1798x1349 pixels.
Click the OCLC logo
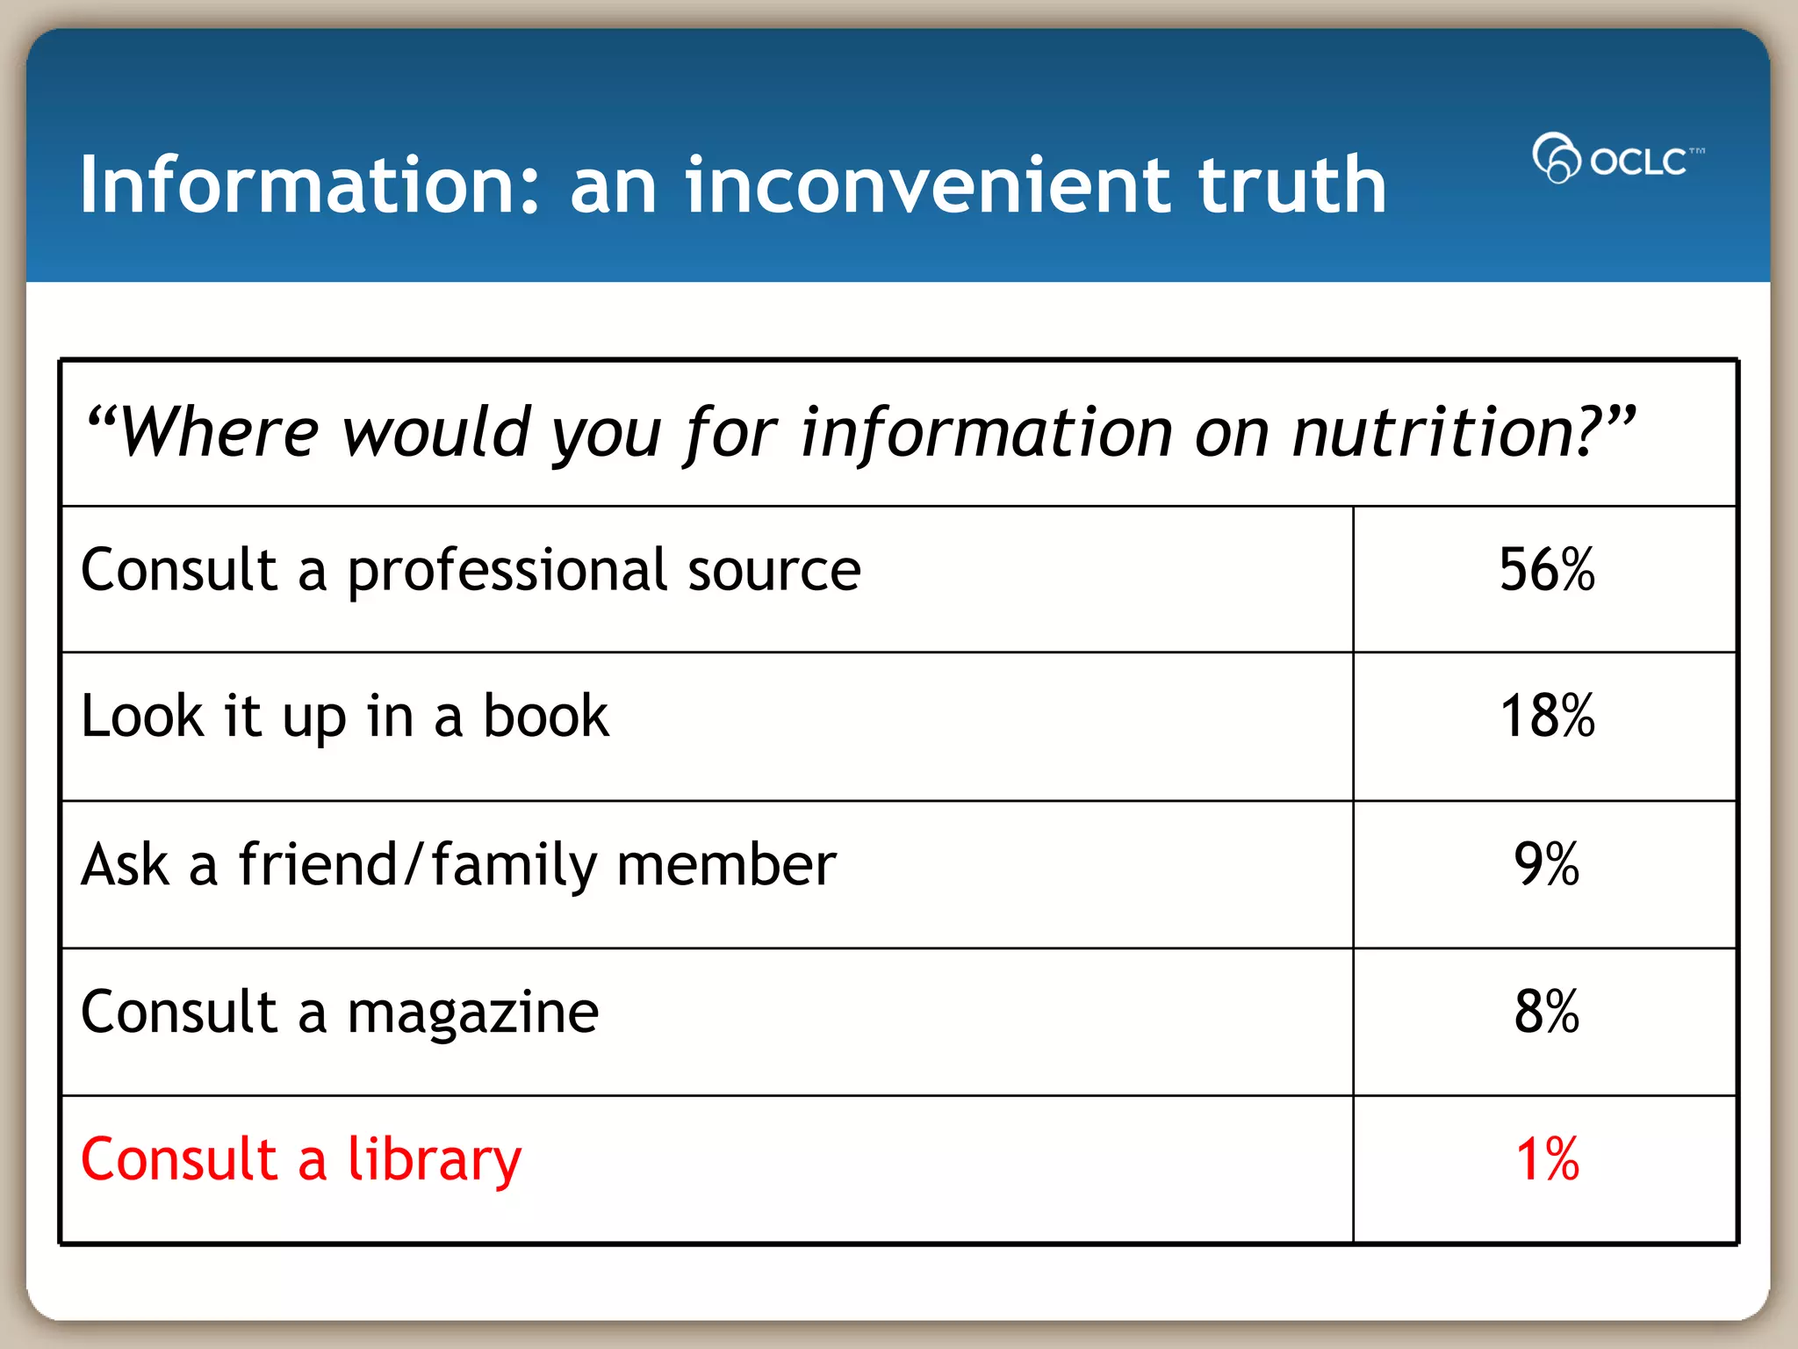point(1617,159)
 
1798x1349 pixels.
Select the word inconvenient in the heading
point(927,185)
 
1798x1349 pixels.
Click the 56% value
point(1546,570)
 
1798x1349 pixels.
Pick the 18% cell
point(1546,717)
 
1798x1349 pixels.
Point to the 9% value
point(1546,864)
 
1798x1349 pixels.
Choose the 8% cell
point(1546,1012)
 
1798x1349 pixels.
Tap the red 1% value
point(1546,1159)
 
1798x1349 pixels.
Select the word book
point(545,717)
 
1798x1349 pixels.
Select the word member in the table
point(726,865)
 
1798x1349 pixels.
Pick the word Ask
point(125,865)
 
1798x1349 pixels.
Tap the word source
point(773,571)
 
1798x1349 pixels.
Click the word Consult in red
point(179,1159)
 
